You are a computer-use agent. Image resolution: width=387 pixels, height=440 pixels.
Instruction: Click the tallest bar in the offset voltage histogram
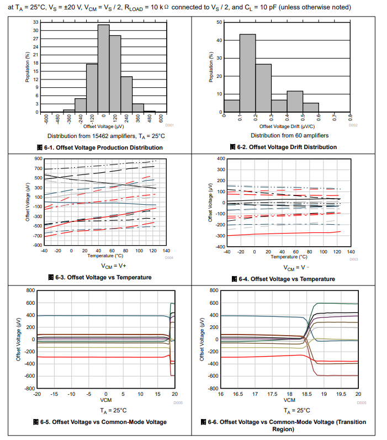point(103,68)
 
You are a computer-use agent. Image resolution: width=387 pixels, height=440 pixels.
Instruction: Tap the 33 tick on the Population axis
point(36,22)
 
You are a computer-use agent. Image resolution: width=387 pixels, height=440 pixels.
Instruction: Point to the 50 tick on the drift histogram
point(219,22)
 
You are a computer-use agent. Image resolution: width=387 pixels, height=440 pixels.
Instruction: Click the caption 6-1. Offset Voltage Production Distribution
point(99,147)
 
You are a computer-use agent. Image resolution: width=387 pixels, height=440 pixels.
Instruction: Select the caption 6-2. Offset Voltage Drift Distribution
point(283,147)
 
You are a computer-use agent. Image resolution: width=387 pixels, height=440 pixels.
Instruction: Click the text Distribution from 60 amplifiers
point(289,135)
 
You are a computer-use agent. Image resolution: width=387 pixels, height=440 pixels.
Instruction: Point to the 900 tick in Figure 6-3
point(38,158)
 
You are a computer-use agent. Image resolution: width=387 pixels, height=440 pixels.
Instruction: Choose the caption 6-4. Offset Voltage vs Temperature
point(283,279)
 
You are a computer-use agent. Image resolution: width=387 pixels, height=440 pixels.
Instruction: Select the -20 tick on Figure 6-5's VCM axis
point(37,394)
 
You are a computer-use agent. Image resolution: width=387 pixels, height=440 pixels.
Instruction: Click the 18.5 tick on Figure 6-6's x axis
point(306,394)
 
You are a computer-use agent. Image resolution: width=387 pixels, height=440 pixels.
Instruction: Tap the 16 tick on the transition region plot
point(221,394)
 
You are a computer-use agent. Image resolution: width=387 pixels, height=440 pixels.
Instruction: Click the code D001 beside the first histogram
point(169,125)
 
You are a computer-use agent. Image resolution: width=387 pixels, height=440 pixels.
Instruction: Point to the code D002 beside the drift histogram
point(353,125)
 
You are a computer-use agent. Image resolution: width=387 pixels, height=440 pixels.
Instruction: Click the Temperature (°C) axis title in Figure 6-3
point(103,256)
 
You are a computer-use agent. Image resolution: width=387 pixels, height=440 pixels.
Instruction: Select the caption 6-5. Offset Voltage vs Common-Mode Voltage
point(103,422)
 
